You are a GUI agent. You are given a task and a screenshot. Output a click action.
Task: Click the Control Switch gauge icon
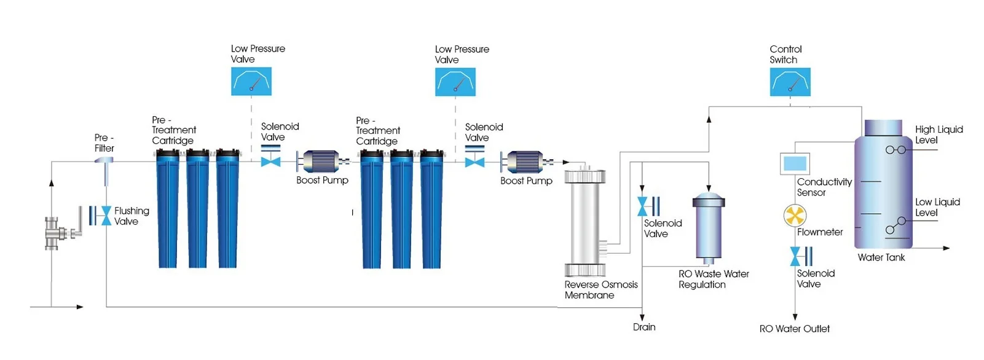790,82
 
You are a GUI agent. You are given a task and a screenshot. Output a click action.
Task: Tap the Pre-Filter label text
104,143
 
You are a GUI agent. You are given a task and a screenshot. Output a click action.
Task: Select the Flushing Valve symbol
100,216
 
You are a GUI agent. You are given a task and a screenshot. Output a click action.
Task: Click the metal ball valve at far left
60,232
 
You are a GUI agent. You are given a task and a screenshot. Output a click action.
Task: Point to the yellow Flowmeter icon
795,216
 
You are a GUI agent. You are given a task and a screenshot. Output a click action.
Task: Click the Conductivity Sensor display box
795,164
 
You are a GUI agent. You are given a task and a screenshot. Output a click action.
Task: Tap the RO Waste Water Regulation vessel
709,227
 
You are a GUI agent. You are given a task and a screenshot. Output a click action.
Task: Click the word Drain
644,327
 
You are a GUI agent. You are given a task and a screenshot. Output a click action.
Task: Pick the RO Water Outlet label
794,329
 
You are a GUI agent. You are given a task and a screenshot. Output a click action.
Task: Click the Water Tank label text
881,257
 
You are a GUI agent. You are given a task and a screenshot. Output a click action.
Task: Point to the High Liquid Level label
939,135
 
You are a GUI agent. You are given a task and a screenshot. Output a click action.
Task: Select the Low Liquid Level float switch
896,225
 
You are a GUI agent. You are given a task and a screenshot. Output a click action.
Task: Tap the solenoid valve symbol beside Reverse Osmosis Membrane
648,206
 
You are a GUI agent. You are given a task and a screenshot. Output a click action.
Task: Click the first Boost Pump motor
320,162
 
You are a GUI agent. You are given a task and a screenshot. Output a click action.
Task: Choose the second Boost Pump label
526,181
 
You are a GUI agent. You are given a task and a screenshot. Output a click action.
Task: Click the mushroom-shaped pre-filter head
104,160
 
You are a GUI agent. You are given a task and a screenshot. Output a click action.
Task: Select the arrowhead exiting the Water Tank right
947,248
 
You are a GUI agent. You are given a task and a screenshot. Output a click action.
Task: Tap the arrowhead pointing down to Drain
642,316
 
